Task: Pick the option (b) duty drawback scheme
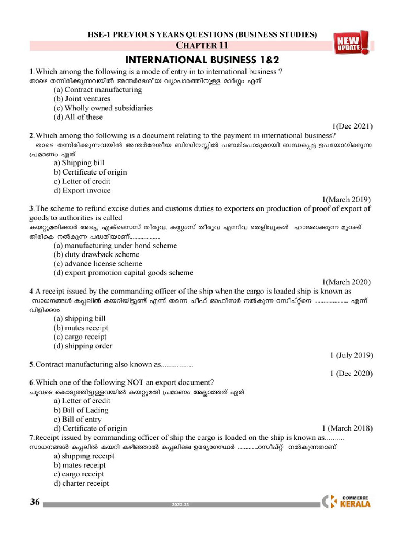click(x=97, y=254)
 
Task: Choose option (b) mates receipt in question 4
click(x=81, y=328)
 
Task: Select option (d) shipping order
click(x=83, y=346)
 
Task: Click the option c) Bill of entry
click(x=78, y=419)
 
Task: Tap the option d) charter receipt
click(x=82, y=484)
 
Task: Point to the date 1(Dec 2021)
click(x=352, y=126)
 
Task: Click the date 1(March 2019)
click(x=347, y=199)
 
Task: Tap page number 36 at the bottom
click(x=35, y=503)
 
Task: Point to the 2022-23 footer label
click(x=181, y=505)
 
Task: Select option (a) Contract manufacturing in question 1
click(x=98, y=89)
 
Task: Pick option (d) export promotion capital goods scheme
click(x=124, y=273)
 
